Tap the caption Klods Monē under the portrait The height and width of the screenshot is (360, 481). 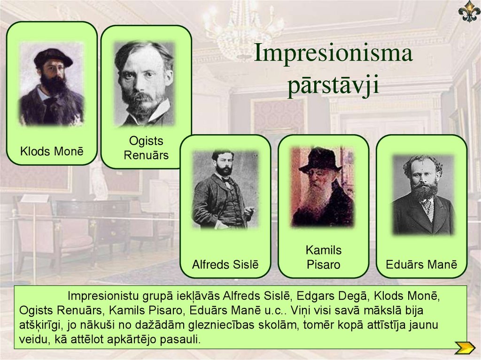(x=52, y=152)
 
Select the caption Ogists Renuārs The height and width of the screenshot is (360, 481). (x=146, y=148)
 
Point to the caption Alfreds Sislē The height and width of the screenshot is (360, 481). (x=225, y=264)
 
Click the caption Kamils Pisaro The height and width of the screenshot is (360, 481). (x=323, y=257)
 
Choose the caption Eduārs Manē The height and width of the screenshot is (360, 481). (x=421, y=264)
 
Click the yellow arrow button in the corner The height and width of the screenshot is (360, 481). (x=465, y=348)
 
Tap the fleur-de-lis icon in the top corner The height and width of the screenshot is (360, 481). (x=469, y=12)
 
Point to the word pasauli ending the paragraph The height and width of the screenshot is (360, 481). (x=180, y=339)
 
